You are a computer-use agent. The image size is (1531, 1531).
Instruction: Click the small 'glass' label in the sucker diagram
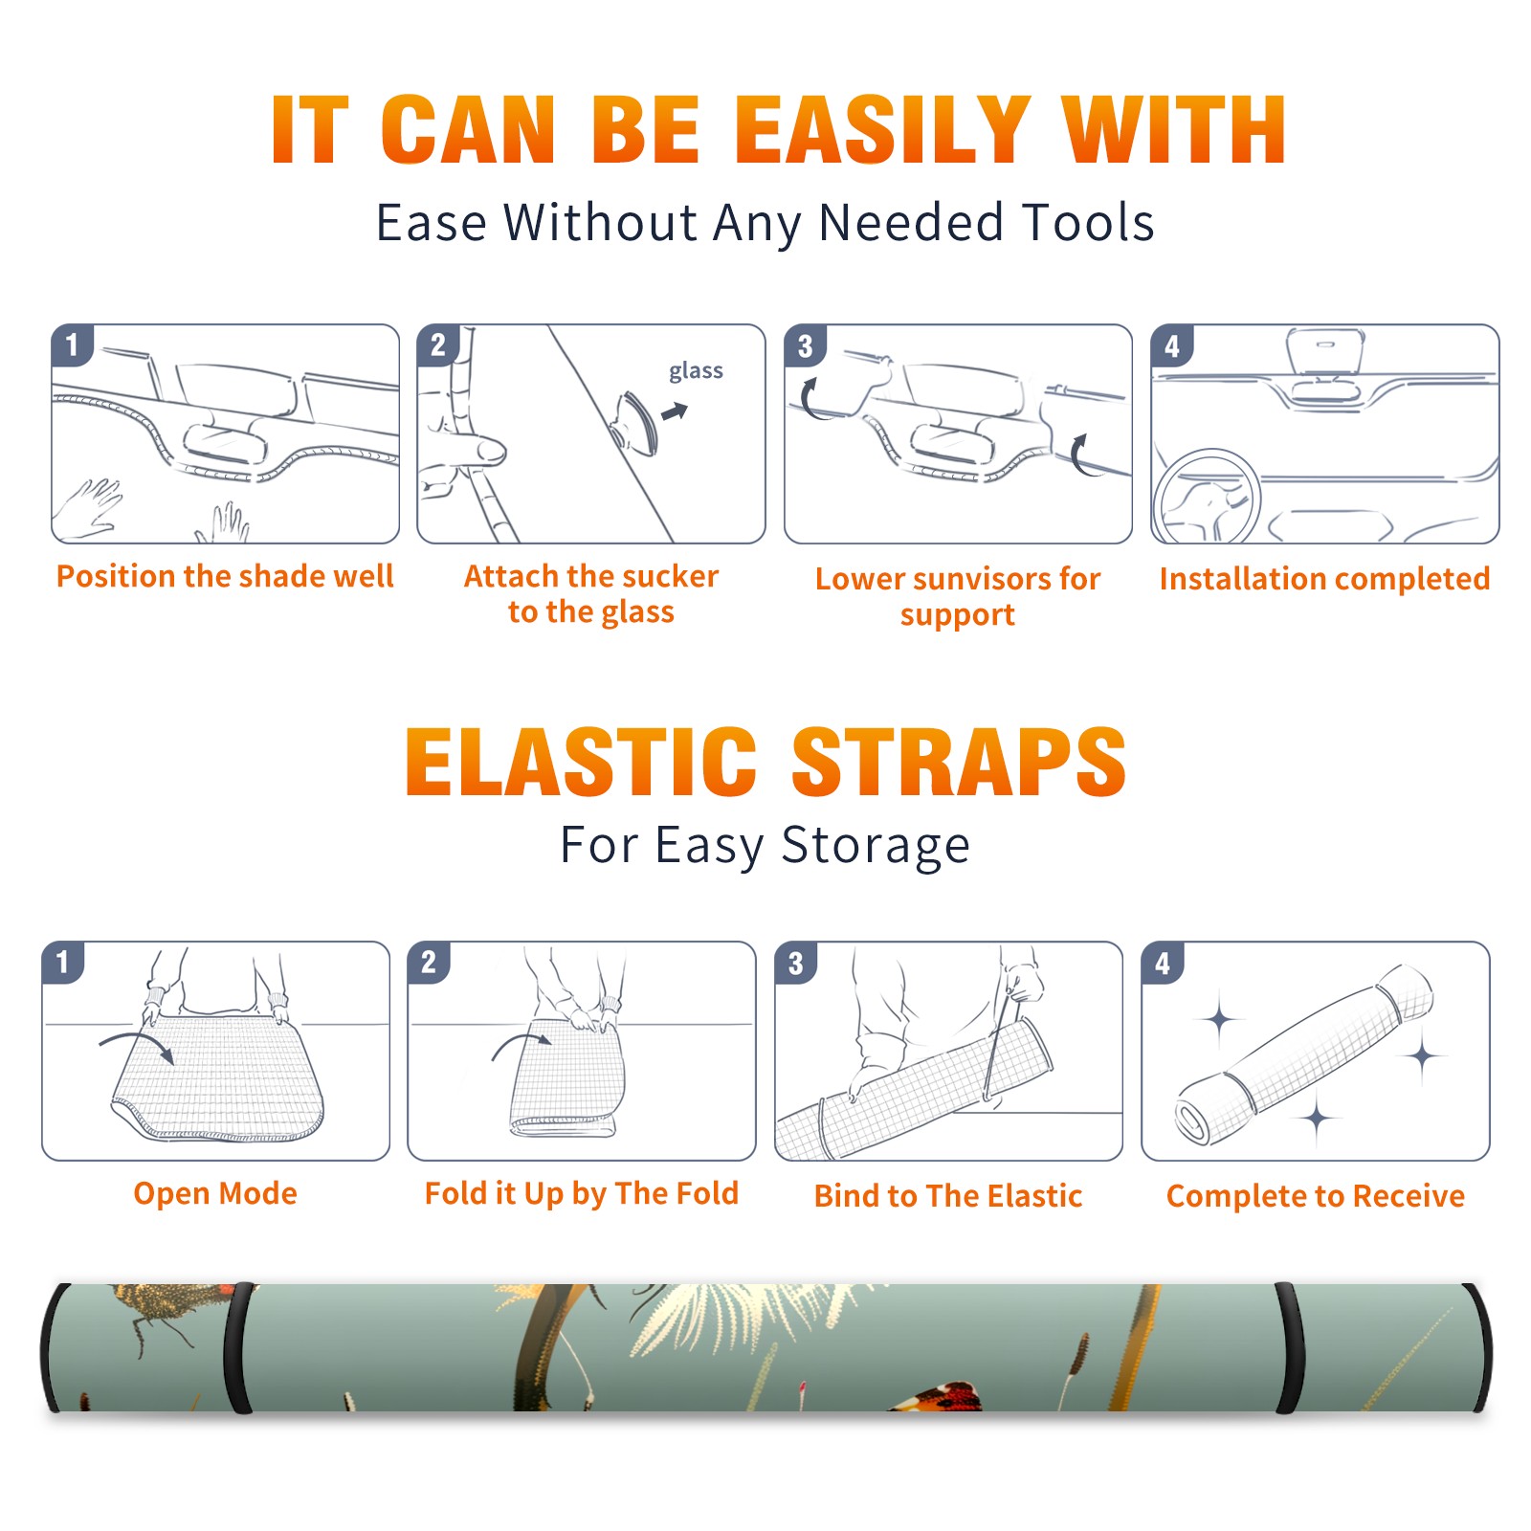pos(696,371)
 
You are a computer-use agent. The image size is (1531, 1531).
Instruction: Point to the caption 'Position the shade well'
pos(225,576)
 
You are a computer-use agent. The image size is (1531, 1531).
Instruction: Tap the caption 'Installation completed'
pos(1324,578)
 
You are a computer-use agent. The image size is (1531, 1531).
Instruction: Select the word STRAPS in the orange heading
pos(959,762)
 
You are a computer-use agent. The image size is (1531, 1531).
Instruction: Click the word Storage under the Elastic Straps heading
pos(876,846)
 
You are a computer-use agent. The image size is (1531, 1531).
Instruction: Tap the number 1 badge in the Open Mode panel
pos(63,962)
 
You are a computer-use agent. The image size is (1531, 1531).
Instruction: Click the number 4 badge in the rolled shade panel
pos(1163,963)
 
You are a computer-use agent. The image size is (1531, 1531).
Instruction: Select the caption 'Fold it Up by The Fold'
pos(582,1193)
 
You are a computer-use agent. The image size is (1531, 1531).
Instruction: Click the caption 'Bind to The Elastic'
pos(948,1195)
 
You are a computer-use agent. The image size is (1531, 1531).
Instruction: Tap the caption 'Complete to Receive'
pos(1316,1196)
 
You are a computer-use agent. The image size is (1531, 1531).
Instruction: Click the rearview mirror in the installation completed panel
pos(1325,352)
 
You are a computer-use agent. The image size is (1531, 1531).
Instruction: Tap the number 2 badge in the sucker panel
pos(438,344)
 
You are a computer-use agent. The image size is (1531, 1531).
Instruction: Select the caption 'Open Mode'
pos(215,1193)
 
